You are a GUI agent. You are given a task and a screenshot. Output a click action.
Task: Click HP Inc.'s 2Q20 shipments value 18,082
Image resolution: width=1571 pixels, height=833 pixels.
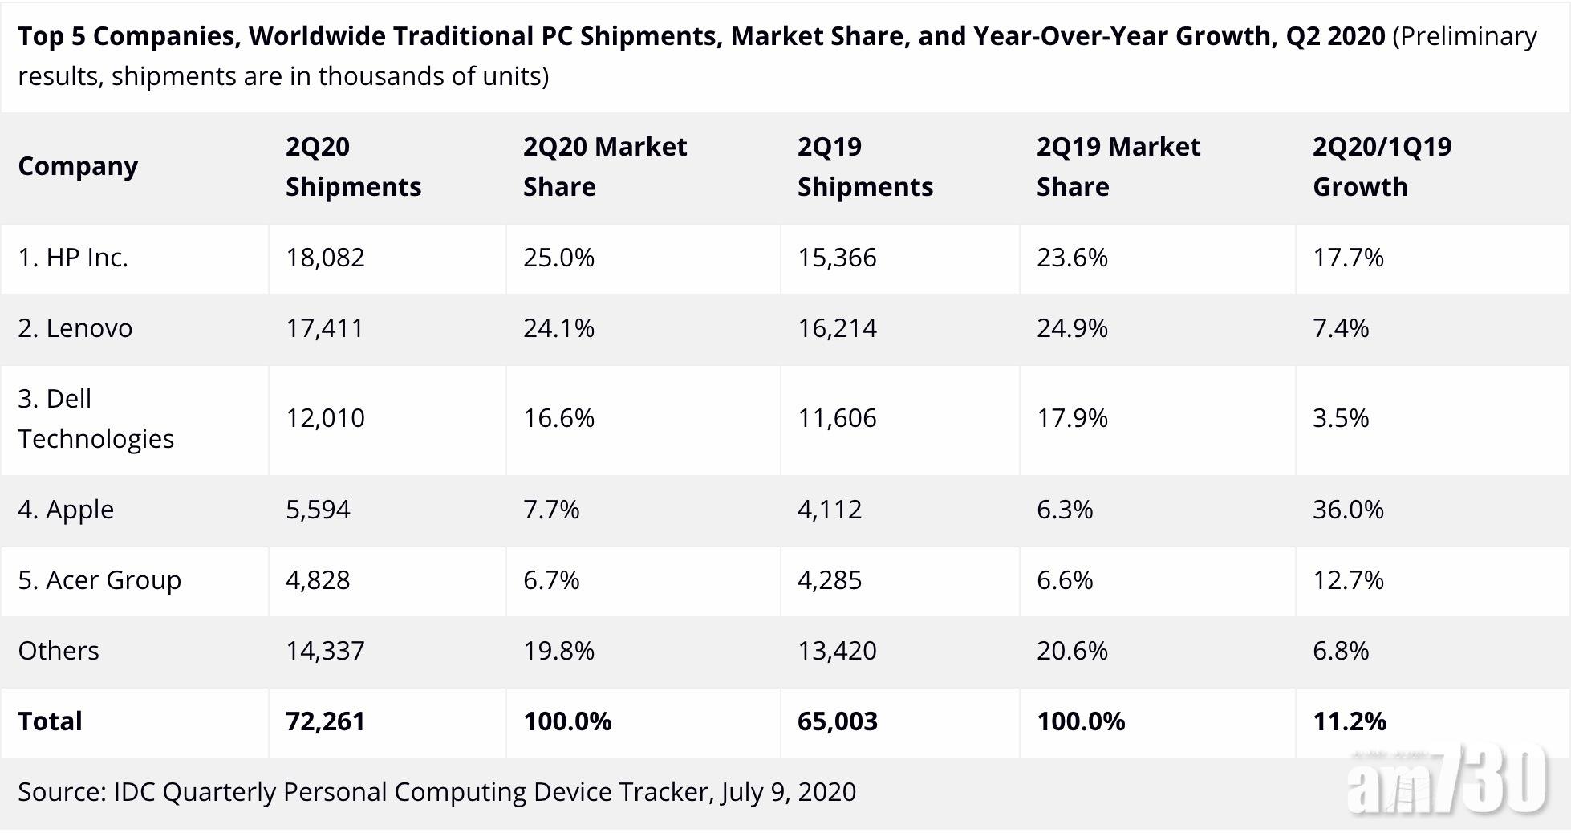(x=325, y=258)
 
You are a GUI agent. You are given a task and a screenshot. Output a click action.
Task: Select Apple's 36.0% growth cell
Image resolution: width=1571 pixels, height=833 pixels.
(x=1348, y=510)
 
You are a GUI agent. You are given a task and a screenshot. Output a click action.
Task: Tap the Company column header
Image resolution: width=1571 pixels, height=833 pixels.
(x=78, y=166)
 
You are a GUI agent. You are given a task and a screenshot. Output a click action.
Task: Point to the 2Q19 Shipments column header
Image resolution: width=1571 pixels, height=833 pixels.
(x=865, y=167)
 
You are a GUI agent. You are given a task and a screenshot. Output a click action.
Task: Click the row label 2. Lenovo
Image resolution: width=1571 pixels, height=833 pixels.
(x=75, y=328)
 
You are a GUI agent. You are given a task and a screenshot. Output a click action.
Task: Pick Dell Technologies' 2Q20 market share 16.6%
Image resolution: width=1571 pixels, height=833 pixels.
(x=558, y=418)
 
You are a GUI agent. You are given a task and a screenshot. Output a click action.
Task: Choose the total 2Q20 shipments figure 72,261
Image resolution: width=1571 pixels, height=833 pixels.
(x=325, y=721)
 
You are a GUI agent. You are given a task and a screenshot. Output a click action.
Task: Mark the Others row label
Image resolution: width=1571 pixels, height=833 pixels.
(x=59, y=651)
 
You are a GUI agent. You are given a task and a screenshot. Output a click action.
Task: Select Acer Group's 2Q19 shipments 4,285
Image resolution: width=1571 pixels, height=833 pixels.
(x=830, y=580)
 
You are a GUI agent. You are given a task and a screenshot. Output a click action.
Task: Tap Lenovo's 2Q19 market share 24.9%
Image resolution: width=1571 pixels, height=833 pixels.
(x=1072, y=328)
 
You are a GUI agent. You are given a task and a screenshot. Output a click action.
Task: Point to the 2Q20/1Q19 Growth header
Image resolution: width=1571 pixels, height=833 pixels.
(x=1382, y=167)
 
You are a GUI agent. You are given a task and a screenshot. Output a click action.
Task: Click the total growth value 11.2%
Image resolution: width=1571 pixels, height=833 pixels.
(x=1349, y=721)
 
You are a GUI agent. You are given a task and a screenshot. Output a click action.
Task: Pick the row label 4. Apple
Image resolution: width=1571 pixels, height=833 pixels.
(x=66, y=510)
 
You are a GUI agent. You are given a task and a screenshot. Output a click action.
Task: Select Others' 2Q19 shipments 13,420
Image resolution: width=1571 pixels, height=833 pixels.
(x=837, y=651)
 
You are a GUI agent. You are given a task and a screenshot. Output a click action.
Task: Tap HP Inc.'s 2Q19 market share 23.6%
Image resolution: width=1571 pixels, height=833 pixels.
(x=1072, y=258)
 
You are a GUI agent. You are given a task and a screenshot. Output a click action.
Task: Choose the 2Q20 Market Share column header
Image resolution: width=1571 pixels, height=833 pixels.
(x=605, y=167)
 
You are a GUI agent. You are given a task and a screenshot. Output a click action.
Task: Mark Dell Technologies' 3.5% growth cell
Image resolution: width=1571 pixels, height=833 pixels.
(x=1341, y=418)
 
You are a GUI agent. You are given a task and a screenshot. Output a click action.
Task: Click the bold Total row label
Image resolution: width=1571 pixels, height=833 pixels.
(x=50, y=721)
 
